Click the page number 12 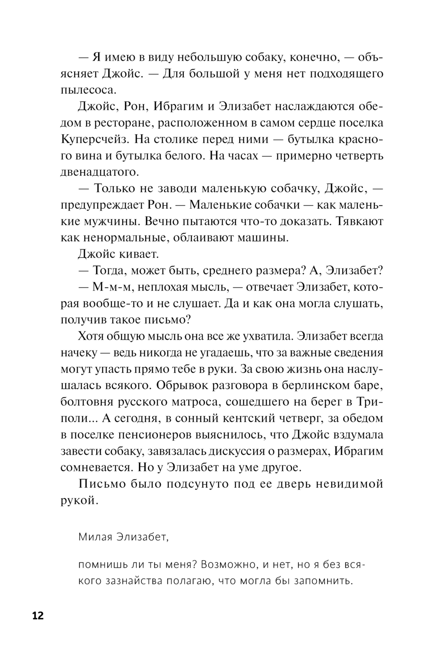pyautogui.click(x=38, y=616)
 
